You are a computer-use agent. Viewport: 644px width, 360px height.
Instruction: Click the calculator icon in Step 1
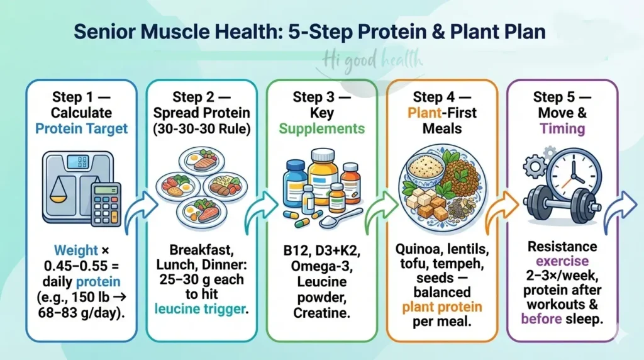[x=106, y=204]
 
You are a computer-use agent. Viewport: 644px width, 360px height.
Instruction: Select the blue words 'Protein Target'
[x=81, y=129]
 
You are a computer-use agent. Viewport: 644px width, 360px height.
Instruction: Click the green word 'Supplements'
[x=321, y=129]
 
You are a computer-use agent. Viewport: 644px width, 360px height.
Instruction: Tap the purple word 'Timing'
[x=562, y=129]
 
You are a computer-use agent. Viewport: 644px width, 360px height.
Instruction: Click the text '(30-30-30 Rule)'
[x=201, y=129]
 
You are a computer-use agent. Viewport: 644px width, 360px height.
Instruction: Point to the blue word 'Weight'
[x=75, y=250]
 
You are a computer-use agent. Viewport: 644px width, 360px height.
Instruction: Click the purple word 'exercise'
[x=562, y=260]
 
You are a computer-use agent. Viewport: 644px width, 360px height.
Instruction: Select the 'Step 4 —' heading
[x=442, y=97]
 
